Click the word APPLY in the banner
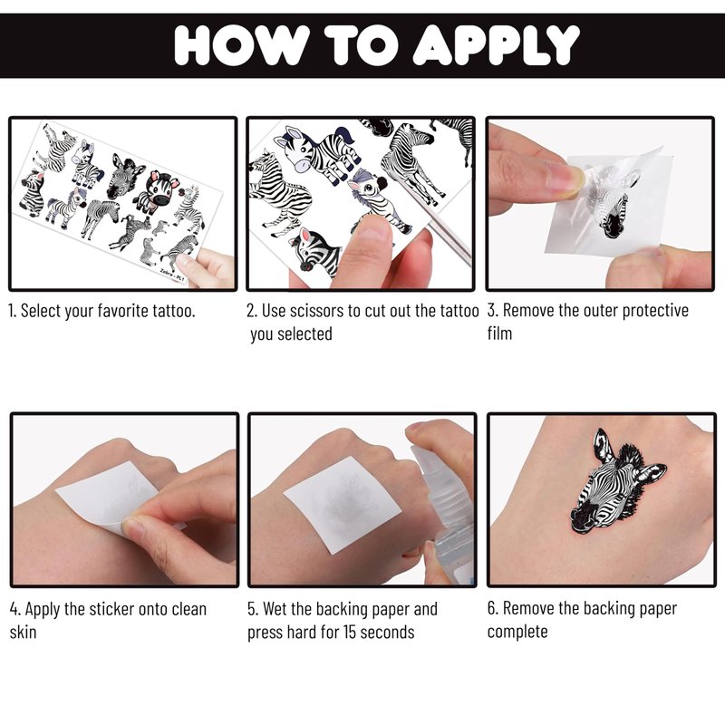tap(495, 44)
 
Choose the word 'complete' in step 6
tap(517, 632)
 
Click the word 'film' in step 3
tap(499, 333)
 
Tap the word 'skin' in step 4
tap(24, 632)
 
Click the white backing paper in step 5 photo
tap(343, 505)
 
